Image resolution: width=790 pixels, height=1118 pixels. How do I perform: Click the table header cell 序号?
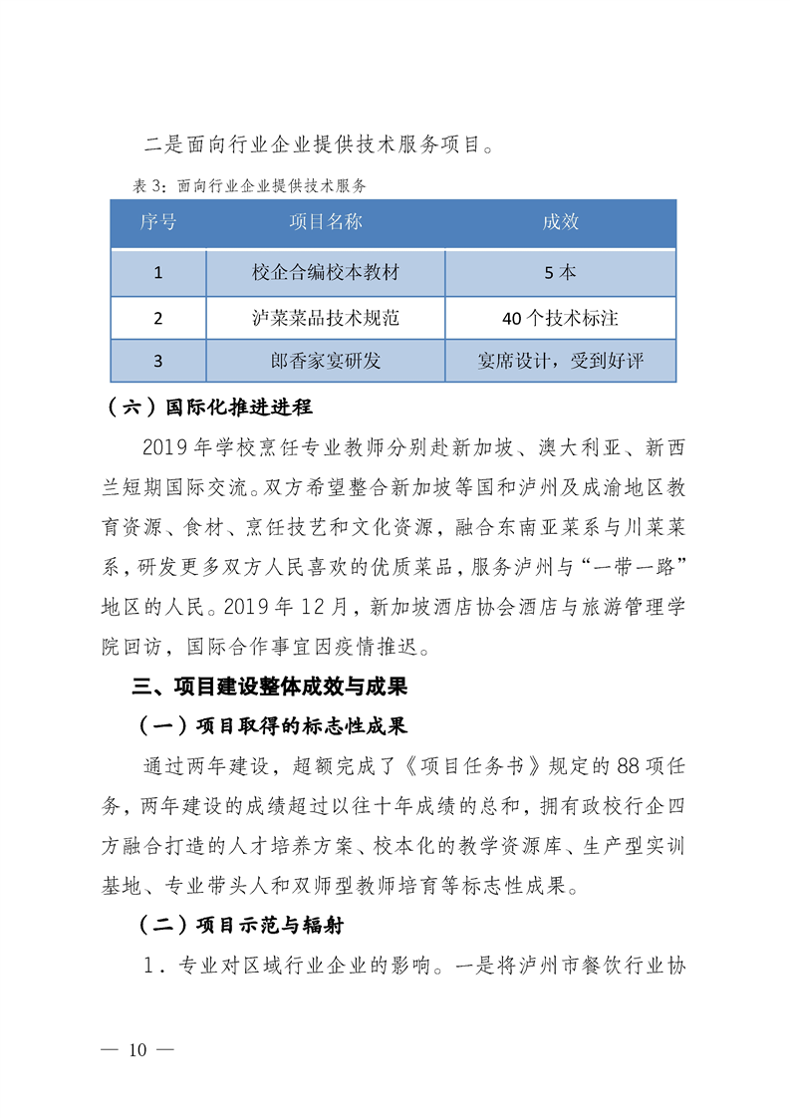pyautogui.click(x=158, y=222)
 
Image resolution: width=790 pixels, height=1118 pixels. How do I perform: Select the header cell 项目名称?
pyautogui.click(x=326, y=222)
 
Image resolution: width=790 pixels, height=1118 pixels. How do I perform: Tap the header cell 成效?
pyautogui.click(x=561, y=222)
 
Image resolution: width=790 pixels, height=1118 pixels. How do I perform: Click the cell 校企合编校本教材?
pyautogui.click(x=326, y=271)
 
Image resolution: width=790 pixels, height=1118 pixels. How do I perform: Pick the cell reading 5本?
pyautogui.click(x=561, y=271)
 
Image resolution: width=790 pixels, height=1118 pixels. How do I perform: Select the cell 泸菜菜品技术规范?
pyautogui.click(x=326, y=319)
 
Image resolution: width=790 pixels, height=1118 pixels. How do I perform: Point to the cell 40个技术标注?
pyautogui.click(x=561, y=319)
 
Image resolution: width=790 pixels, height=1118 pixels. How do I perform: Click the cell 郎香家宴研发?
pyautogui.click(x=326, y=361)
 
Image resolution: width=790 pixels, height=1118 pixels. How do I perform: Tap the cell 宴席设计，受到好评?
pyautogui.click(x=561, y=361)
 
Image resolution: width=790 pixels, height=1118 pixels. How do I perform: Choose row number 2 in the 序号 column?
pyautogui.click(x=158, y=319)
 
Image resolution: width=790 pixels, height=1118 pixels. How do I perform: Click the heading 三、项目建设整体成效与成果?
pyautogui.click(x=269, y=688)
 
